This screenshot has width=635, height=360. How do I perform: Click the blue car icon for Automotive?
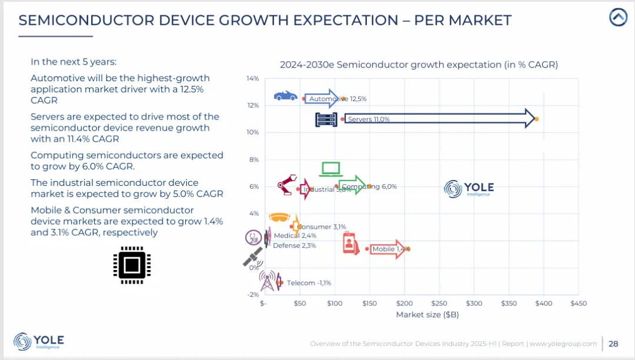point(286,95)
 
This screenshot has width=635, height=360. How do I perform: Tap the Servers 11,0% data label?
point(369,119)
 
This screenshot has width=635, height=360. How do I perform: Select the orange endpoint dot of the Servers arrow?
point(536,119)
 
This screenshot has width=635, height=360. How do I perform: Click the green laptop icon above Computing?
point(331,169)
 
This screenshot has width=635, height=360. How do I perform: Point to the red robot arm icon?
point(288,185)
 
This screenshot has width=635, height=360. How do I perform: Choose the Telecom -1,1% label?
point(309,283)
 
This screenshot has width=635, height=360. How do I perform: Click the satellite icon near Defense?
point(253,256)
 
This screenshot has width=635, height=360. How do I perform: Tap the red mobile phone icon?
point(351,244)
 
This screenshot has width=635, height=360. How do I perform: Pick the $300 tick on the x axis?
point(474,304)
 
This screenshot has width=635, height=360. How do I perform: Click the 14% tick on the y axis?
point(253,78)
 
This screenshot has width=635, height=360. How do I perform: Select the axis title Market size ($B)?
point(427,315)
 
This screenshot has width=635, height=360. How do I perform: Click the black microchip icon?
point(132,265)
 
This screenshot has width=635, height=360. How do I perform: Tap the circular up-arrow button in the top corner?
point(618,17)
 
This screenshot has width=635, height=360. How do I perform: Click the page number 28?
point(613,344)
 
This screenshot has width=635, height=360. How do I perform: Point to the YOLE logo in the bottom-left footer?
point(39,341)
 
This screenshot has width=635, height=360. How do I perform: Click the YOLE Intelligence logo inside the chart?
point(469,189)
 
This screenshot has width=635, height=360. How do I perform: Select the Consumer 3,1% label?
point(322,226)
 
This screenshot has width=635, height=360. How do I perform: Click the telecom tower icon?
point(268,281)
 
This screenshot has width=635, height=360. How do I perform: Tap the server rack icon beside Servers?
point(326,119)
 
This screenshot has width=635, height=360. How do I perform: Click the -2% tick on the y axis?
point(253,295)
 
